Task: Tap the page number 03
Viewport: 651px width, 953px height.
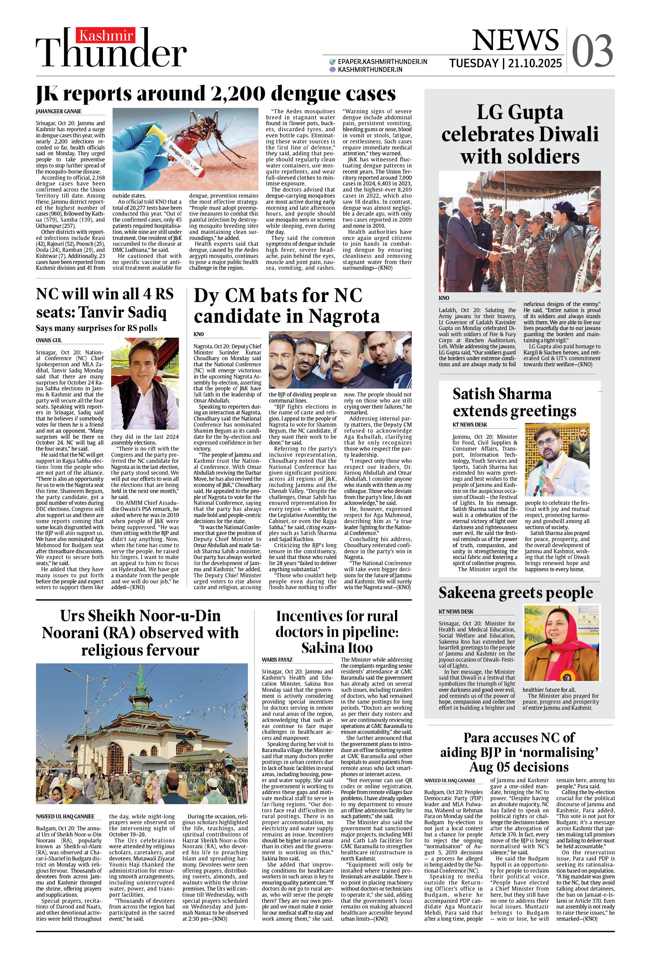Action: point(592,51)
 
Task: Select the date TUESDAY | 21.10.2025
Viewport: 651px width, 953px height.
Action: point(505,64)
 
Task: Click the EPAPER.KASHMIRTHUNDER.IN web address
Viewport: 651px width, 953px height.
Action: point(382,62)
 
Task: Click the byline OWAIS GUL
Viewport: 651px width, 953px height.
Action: point(48,340)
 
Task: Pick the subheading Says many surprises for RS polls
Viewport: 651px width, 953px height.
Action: point(97,328)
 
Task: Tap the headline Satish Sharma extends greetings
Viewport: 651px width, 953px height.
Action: point(514,402)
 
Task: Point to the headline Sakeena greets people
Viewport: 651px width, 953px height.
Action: point(515,593)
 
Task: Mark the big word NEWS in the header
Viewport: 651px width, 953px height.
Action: point(515,41)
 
